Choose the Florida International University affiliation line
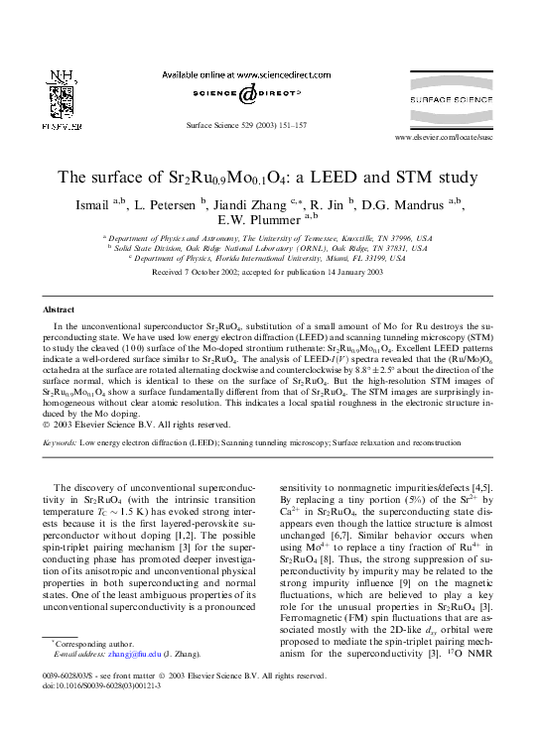(270, 258)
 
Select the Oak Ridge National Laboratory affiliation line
(270, 248)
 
